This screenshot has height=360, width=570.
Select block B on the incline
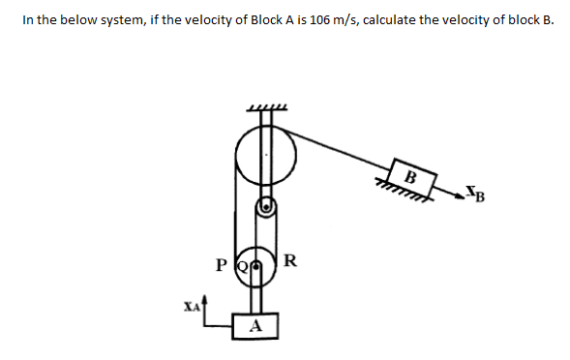(x=411, y=177)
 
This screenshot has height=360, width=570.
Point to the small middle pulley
(x=268, y=206)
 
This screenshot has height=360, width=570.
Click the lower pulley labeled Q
(x=251, y=263)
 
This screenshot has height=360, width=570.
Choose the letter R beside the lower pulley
(x=291, y=260)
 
